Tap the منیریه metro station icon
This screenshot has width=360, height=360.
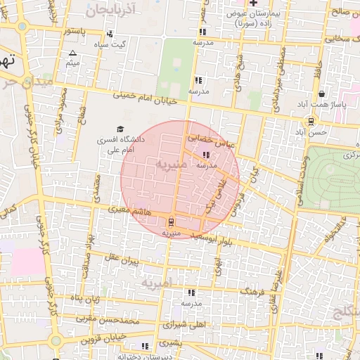pyautogui.click(x=173, y=221)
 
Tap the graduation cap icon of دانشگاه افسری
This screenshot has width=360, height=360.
pyautogui.click(x=120, y=129)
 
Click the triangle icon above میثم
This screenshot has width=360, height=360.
pyautogui.click(x=72, y=53)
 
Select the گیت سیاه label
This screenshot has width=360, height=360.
pyautogui.click(x=115, y=44)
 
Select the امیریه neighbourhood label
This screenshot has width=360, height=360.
pyautogui.click(x=156, y=283)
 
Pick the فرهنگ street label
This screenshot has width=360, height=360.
pyautogui.click(x=254, y=290)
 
